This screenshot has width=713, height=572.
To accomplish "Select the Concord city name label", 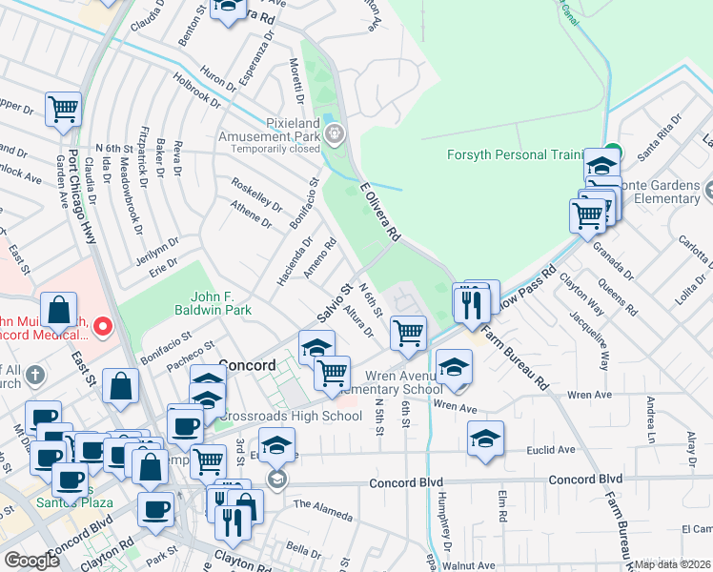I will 247,364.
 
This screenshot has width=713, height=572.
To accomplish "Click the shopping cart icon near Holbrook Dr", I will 63,110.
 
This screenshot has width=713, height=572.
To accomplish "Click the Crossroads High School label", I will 290,417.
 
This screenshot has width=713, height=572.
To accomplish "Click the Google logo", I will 32,560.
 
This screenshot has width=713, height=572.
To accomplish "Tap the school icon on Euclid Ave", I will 486,439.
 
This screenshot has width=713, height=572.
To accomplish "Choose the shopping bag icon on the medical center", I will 59,310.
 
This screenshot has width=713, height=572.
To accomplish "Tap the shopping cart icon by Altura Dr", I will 408,333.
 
